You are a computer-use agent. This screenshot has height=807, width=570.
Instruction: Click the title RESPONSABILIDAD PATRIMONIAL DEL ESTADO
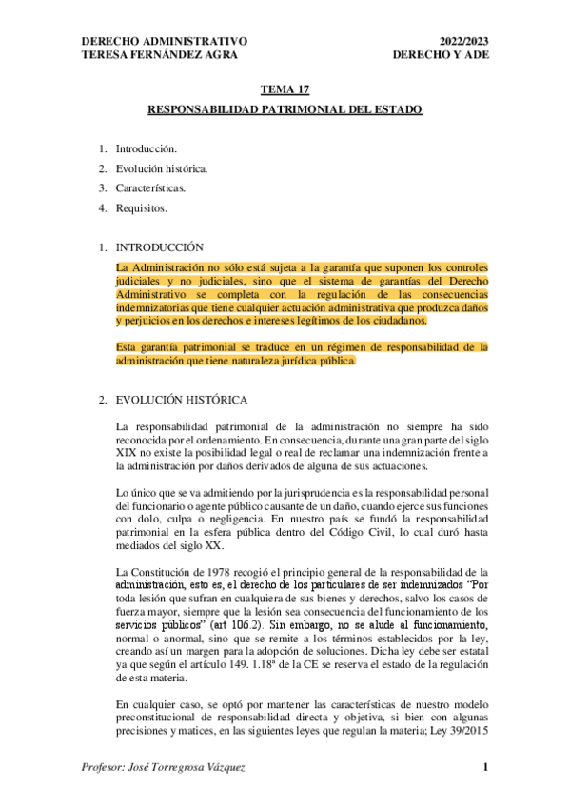point(285,110)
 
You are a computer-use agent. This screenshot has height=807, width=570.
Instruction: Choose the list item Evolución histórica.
point(161,168)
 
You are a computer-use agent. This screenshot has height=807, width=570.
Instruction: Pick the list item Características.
point(150,187)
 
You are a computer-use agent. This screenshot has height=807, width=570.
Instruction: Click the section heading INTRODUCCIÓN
point(159,246)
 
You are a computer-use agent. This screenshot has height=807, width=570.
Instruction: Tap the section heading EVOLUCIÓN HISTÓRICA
point(181,400)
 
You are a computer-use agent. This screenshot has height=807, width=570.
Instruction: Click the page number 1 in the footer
point(484,766)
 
